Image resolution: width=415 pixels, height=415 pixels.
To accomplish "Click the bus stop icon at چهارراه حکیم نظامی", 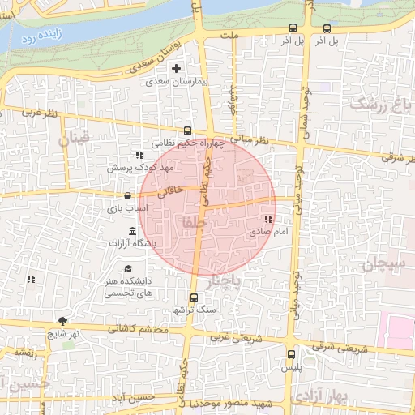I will pos(188,130).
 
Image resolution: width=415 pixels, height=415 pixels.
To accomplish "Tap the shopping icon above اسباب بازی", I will pos(128,195).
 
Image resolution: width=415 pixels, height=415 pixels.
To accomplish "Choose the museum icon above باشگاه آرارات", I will pos(132,232).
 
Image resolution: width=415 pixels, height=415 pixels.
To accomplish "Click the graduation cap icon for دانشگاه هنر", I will pos(127,269).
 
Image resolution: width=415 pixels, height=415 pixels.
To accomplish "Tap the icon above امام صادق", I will pos(268,219).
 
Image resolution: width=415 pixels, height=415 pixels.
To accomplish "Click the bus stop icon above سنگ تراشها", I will pos(194,297).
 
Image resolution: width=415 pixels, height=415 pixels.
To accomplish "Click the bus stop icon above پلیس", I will pos(292,354).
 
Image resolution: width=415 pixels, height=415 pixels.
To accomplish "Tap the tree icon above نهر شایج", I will pos(62,321).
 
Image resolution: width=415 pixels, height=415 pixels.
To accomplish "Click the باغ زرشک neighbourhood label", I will pos(375,104).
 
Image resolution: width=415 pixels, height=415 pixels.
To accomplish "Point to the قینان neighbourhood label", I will pos(76,139).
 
